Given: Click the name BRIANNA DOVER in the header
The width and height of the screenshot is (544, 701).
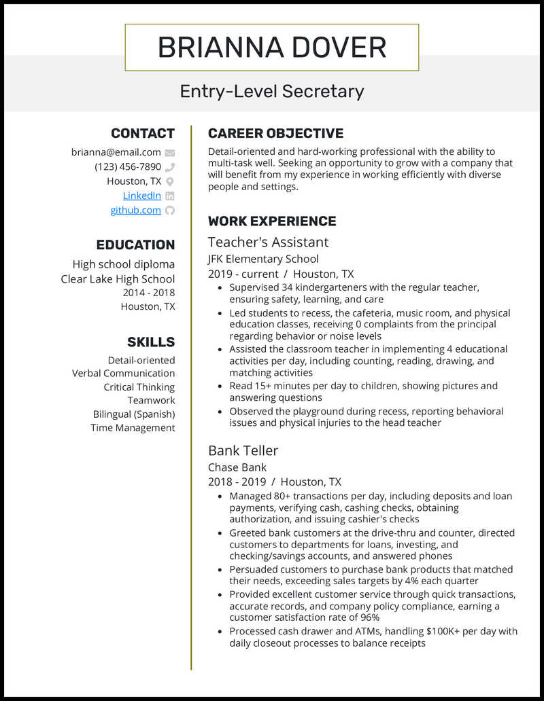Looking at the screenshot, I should (272, 48).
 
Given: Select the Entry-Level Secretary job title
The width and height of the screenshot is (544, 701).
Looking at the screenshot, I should (272, 91).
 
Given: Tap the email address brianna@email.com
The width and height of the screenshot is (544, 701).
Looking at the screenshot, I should (116, 152).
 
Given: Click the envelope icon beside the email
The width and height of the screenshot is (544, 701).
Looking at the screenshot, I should (170, 153).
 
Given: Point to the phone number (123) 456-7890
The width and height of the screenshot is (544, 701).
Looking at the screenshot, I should (128, 167).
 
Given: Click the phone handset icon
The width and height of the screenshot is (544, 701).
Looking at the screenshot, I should (170, 167).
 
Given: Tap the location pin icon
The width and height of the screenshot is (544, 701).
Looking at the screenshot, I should (170, 181).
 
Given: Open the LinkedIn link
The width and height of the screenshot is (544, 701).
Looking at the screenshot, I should (142, 196).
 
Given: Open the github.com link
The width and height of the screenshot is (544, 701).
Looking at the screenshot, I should (136, 210).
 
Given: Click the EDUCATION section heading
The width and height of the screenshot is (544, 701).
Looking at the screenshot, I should (135, 245).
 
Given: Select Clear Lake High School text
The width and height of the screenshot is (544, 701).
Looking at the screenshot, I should (118, 279).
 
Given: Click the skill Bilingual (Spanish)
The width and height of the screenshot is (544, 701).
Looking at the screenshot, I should (134, 414).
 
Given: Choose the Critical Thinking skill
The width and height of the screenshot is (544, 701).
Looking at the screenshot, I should (139, 387).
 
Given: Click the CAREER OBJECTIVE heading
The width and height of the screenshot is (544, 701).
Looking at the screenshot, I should (275, 133).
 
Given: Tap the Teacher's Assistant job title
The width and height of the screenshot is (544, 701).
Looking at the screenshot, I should (268, 242).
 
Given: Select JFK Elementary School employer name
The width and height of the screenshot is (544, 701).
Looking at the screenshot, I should (263, 259).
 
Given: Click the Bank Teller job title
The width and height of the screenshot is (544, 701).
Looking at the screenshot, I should (243, 450).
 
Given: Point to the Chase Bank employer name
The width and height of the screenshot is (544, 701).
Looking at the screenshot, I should (237, 467).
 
